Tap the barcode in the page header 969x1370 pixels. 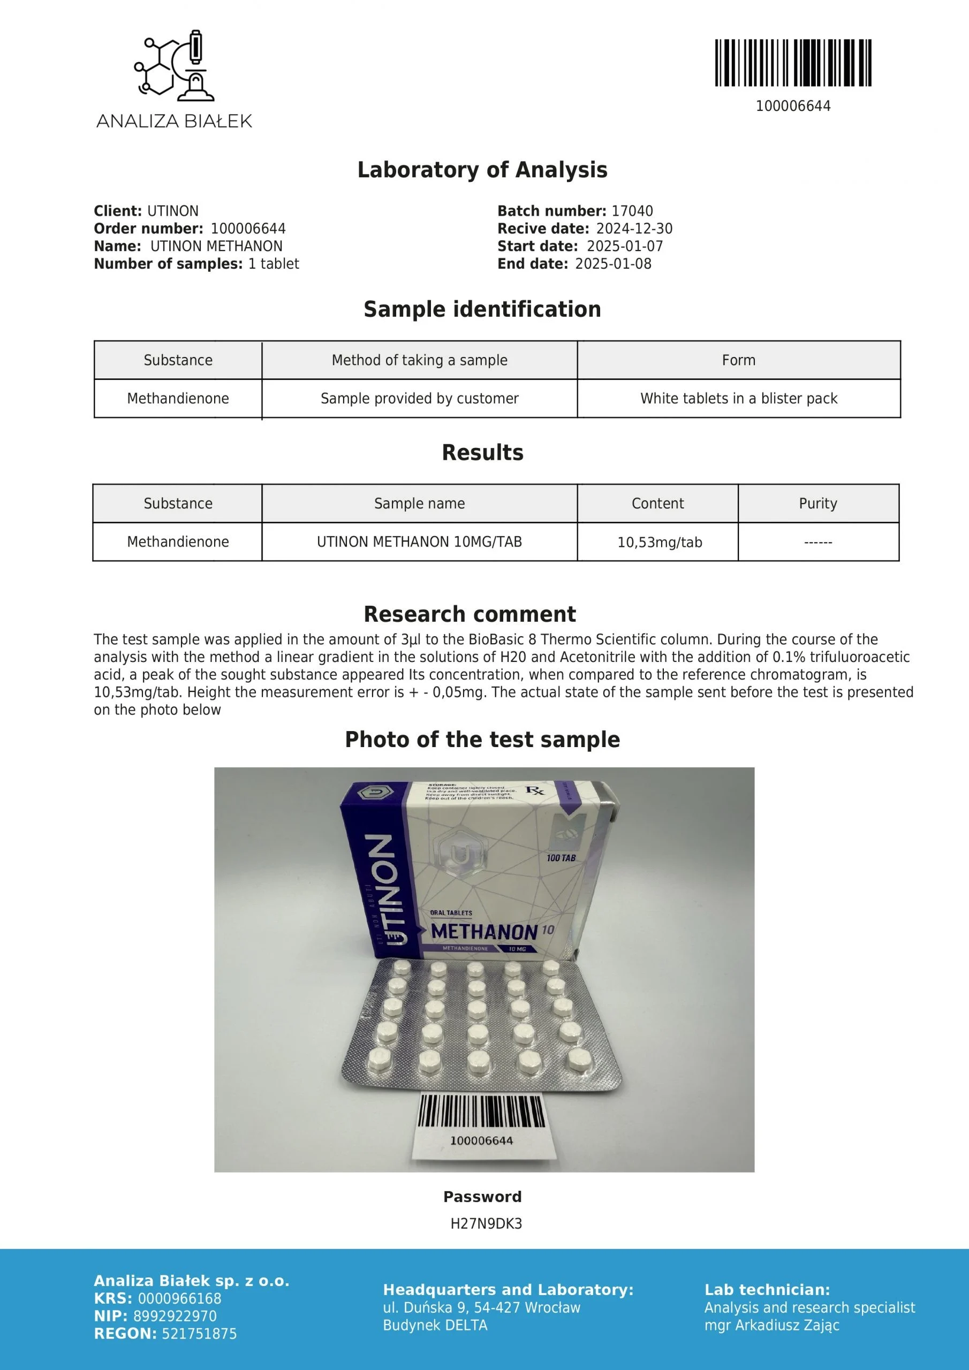[793, 63]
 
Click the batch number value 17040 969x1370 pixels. [632, 211]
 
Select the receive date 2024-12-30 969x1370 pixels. [634, 229]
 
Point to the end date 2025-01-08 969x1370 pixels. [613, 264]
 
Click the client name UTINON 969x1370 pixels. [172, 211]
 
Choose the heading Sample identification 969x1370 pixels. [482, 309]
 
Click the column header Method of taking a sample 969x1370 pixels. [419, 360]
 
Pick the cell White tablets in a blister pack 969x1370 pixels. [739, 399]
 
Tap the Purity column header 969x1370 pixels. [818, 504]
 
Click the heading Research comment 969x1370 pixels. [470, 614]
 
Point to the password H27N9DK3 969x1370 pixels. [486, 1224]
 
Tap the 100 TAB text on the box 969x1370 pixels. [561, 858]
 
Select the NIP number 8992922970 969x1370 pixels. [175, 1316]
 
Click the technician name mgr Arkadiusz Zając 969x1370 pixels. [771, 1325]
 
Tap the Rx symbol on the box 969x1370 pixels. [534, 790]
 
